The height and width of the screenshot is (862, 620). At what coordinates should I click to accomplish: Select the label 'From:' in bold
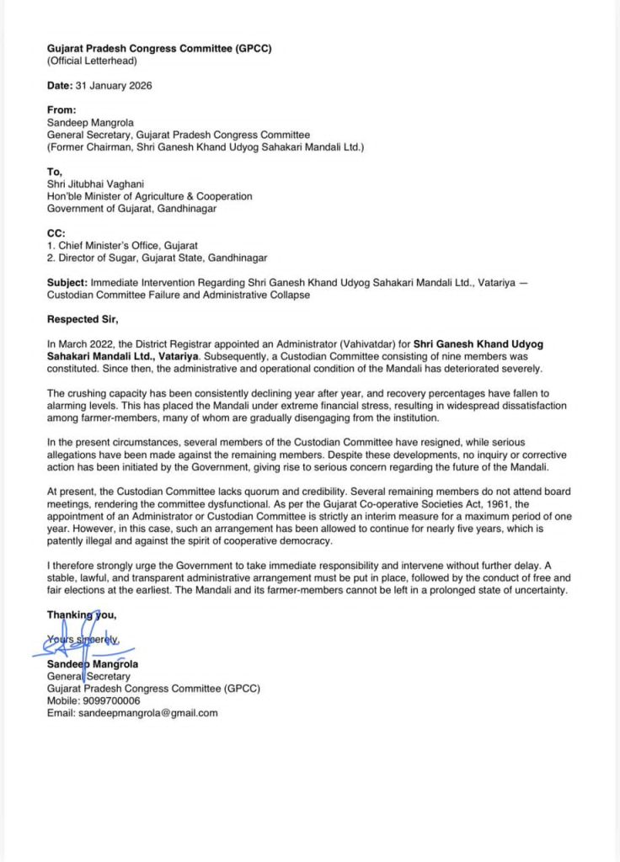[x=61, y=109]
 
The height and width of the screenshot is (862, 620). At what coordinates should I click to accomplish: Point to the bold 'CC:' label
[x=56, y=233]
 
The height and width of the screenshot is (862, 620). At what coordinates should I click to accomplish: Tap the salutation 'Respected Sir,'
[x=83, y=319]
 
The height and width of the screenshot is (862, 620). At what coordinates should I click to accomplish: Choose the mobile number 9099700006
[x=110, y=700]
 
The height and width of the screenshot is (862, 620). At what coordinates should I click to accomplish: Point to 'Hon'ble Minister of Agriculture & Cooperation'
[x=150, y=196]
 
